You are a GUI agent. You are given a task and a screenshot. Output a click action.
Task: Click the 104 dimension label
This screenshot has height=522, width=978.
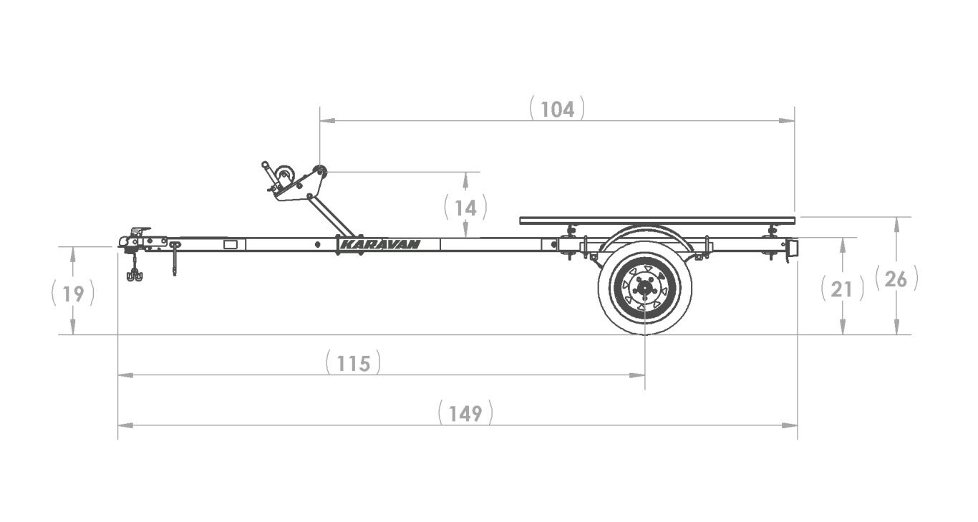(557, 110)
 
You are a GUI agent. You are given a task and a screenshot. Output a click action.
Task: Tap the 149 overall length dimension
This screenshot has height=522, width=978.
(465, 413)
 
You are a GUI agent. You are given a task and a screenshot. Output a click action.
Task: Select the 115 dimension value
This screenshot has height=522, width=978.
(354, 364)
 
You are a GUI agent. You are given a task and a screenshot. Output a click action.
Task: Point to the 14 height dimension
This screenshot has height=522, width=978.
(466, 208)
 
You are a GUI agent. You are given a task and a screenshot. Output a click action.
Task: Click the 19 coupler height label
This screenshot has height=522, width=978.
(73, 294)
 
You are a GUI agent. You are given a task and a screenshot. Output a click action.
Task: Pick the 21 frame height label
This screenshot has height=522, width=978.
(842, 289)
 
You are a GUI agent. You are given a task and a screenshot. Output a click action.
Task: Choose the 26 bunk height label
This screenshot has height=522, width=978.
(896, 279)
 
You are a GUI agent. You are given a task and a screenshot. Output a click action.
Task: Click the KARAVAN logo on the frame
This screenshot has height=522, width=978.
(380, 244)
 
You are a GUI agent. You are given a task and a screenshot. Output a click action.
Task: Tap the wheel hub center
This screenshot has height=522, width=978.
(644, 288)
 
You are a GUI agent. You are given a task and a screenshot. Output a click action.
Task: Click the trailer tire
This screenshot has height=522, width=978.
(644, 288)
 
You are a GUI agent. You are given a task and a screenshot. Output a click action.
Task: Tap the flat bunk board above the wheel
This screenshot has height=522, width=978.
(657, 221)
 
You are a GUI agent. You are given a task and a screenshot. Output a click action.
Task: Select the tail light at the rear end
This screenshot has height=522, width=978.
(793, 249)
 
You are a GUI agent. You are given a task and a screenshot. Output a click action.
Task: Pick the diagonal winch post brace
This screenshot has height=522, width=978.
(331, 216)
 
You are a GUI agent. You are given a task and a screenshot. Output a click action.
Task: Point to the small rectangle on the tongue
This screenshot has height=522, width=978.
(230, 244)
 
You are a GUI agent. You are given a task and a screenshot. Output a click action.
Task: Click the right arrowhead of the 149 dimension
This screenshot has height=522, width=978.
(790, 425)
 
